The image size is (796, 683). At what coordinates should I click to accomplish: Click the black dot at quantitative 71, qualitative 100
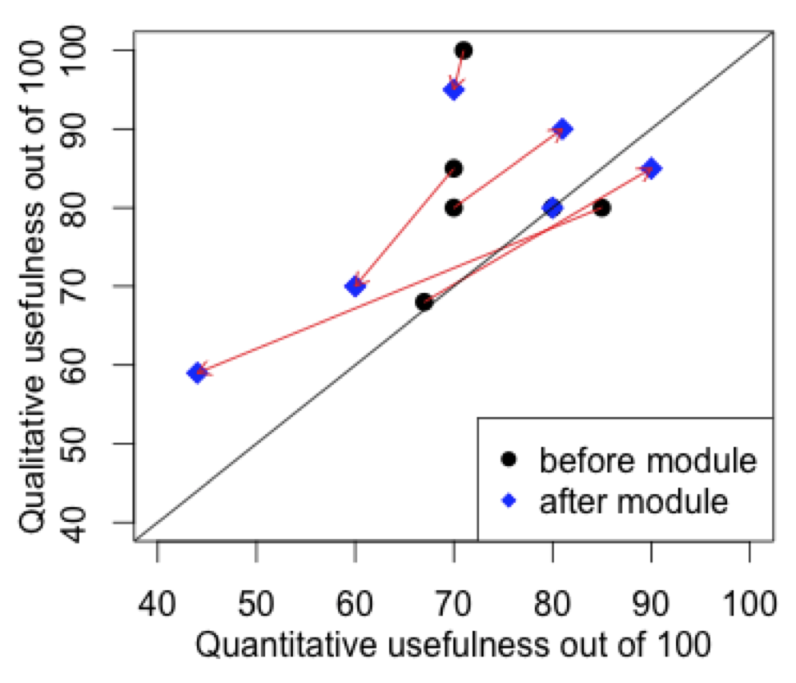(x=464, y=50)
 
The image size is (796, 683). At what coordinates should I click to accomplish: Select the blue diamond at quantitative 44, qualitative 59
(x=197, y=373)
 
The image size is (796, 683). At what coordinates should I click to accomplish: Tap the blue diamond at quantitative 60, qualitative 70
(x=356, y=286)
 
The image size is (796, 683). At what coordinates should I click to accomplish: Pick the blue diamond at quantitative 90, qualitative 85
(x=651, y=169)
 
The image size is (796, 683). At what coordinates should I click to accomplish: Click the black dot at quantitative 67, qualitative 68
(x=424, y=302)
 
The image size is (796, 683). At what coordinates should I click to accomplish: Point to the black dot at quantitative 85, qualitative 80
(x=602, y=208)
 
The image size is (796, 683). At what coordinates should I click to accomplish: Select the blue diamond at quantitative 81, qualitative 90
(x=562, y=129)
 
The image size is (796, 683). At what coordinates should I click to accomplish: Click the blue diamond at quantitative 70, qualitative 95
(x=454, y=90)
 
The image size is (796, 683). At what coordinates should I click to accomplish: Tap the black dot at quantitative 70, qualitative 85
(x=454, y=169)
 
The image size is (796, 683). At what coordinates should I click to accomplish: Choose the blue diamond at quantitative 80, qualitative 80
(x=553, y=208)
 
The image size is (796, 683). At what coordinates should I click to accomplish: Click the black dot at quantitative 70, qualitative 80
(x=454, y=208)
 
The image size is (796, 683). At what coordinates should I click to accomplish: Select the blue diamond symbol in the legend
(x=509, y=501)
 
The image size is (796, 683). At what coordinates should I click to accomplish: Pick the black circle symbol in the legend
(x=509, y=460)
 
